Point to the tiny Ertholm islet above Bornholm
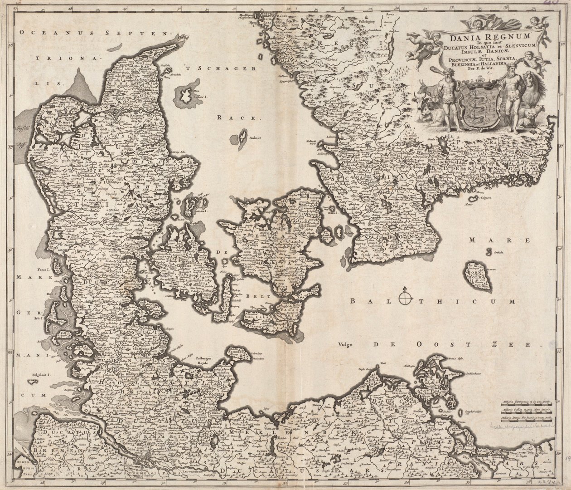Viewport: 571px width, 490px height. (489, 251)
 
